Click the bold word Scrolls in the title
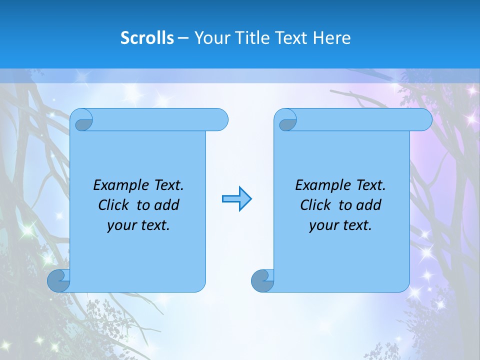coord(147,38)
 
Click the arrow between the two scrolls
coord(236,199)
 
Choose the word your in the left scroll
coord(121,225)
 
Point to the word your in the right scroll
coord(323,225)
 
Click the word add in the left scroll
coord(166,205)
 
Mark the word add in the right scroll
coord(368,205)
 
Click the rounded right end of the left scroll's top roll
coord(220,119)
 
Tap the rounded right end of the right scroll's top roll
coord(424,119)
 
